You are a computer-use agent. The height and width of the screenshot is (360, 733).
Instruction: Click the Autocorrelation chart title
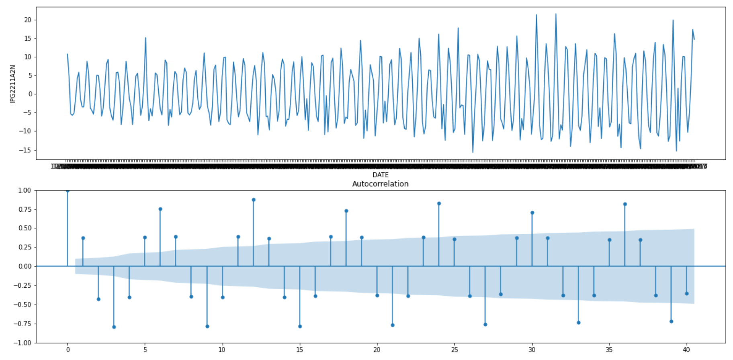(x=380, y=184)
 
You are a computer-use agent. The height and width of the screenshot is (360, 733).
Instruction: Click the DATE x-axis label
(x=380, y=175)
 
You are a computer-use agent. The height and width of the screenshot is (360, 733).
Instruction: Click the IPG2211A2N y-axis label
(x=12, y=84)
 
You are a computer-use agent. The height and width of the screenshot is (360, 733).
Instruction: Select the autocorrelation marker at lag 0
(x=68, y=190)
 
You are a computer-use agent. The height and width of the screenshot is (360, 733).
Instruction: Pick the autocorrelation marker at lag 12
(x=254, y=200)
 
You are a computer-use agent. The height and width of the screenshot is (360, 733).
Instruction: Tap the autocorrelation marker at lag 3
(x=114, y=327)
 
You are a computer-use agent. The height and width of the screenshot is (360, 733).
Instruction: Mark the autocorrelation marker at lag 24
(x=439, y=204)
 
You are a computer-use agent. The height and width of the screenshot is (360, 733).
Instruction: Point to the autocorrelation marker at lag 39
(x=671, y=321)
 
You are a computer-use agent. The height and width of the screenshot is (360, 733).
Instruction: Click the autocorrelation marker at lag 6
(x=160, y=209)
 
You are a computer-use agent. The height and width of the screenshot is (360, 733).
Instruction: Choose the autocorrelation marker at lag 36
(x=625, y=204)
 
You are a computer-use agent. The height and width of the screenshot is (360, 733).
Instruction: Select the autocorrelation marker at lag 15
(x=300, y=326)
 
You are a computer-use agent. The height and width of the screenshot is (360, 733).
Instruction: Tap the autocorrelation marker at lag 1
(x=83, y=238)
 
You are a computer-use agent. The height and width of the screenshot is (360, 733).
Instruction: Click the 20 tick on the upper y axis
(x=27, y=20)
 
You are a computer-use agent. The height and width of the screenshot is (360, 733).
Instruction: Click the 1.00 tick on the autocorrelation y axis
(x=25, y=190)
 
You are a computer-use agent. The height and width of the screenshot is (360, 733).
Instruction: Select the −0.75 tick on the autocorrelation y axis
(x=23, y=324)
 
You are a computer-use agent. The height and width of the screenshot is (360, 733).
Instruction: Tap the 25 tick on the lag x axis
(x=455, y=350)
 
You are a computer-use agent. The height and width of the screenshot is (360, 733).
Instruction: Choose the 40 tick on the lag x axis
(x=686, y=350)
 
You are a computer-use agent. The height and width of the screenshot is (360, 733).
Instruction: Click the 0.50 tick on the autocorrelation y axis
(x=25, y=228)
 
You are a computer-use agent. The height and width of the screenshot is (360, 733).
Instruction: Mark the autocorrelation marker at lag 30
(x=532, y=213)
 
